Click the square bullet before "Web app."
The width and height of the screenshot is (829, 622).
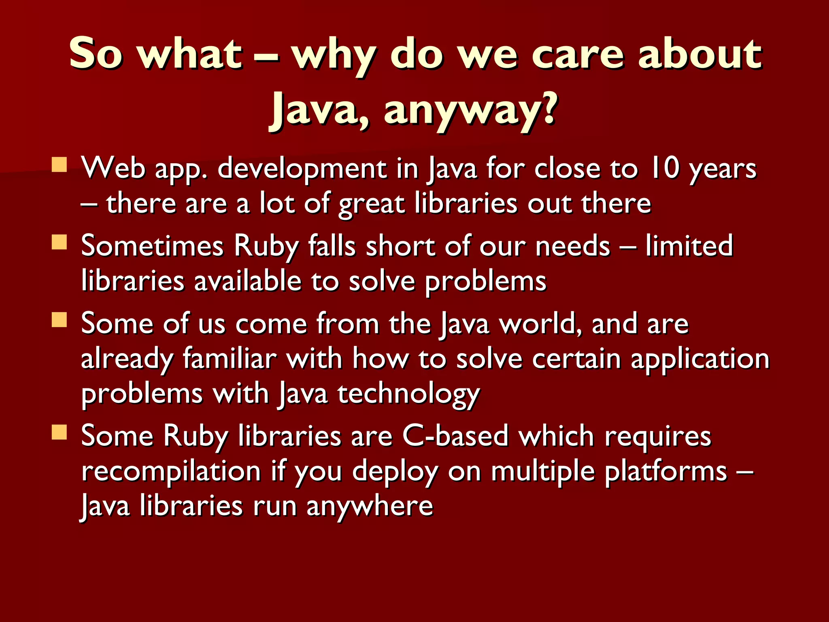coord(60,165)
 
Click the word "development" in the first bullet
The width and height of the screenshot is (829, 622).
coord(302,168)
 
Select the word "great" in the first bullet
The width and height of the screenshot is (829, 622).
coord(372,203)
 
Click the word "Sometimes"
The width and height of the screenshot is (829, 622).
coord(152,246)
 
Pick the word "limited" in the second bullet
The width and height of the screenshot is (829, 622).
coord(689,246)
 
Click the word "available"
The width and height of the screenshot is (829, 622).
coord(248,281)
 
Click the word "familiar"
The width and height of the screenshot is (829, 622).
coord(230,359)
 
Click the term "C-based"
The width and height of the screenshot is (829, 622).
coord(455,436)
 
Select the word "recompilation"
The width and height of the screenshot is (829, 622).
coord(171,471)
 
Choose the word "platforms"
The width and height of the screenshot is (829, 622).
coord(666,471)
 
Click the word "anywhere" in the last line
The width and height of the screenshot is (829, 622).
coord(370,506)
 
